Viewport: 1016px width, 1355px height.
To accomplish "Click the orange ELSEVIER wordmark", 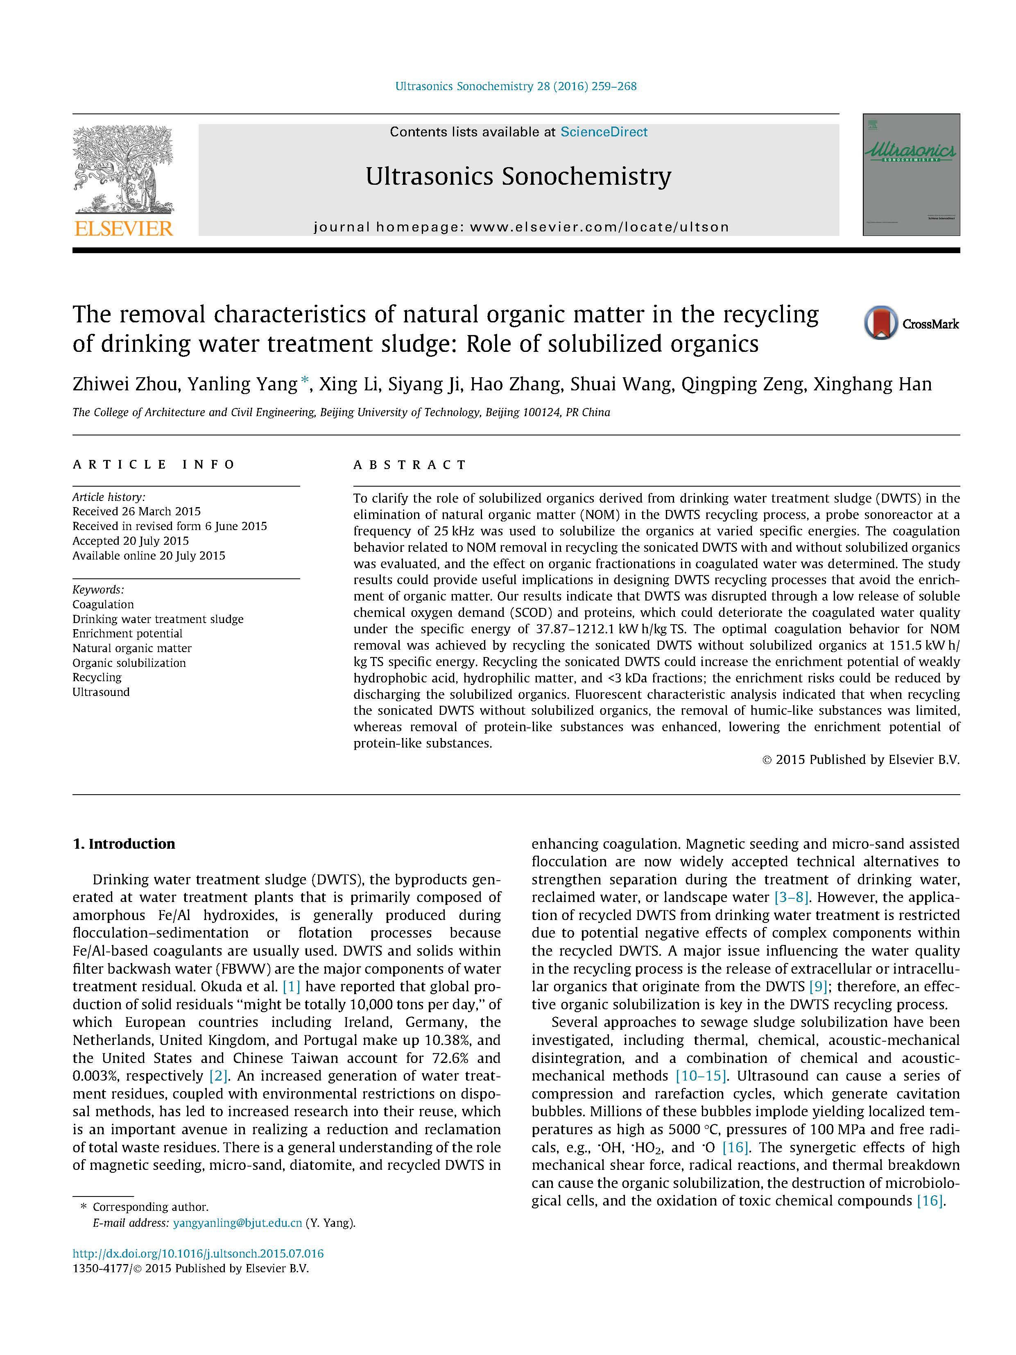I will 124,229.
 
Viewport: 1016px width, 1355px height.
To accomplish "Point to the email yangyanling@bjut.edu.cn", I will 238,1223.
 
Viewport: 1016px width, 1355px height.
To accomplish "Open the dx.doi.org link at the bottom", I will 198,1253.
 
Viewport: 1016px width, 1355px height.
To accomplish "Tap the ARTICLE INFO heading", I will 154,465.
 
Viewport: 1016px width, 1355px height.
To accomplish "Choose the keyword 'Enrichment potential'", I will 127,633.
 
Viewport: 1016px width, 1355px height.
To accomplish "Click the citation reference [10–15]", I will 701,1076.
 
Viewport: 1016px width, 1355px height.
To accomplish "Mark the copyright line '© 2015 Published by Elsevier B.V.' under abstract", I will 860,759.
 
